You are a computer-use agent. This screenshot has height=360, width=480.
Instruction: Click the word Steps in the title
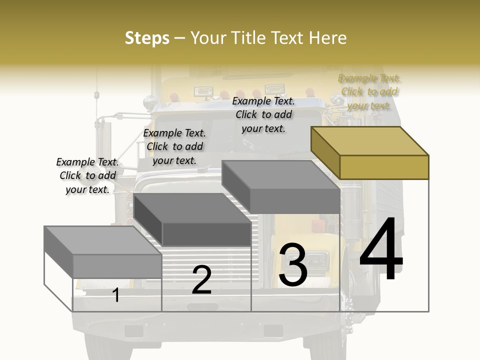147,38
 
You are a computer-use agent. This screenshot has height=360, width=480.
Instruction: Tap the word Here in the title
327,38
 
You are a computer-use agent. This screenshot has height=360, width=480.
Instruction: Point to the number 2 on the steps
201,280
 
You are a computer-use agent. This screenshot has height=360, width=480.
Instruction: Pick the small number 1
116,295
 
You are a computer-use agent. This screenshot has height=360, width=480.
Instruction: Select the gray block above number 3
281,186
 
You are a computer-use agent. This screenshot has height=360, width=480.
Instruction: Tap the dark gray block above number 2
193,220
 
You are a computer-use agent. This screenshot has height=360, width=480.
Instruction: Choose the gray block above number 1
102,252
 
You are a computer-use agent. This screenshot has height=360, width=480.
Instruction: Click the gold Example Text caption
369,92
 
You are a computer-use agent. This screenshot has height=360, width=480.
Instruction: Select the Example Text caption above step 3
263,115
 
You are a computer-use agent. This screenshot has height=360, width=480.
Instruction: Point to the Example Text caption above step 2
174,146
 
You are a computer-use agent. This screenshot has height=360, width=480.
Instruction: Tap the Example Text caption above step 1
87,175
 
